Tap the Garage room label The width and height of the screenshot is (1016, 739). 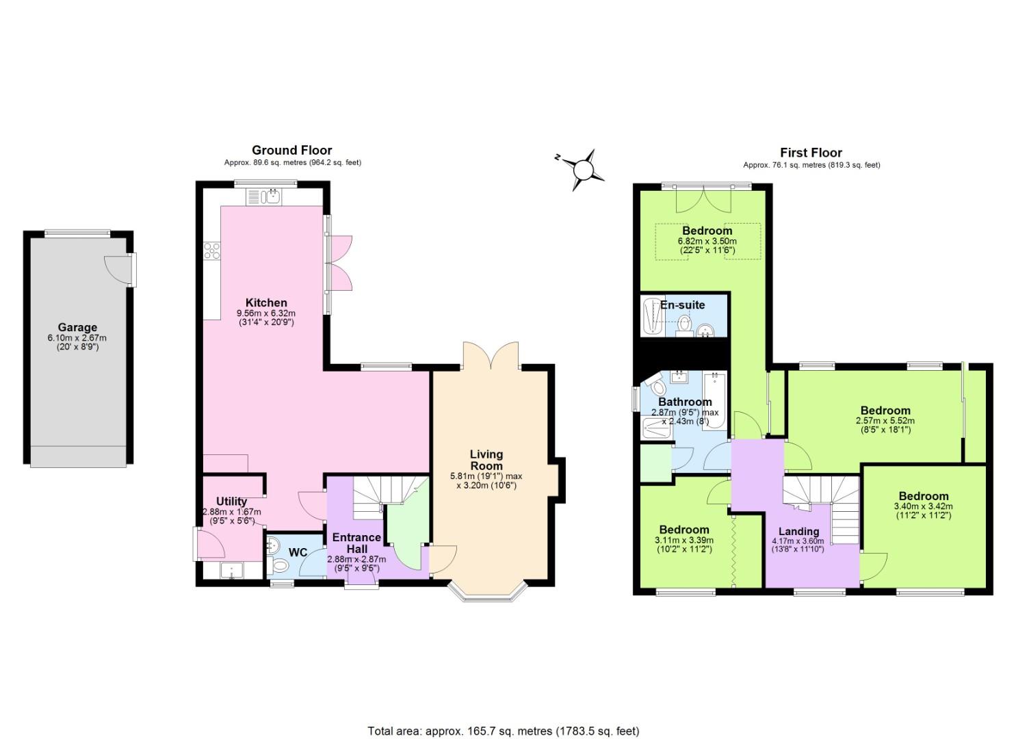(x=77, y=327)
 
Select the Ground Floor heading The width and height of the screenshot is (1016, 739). (x=292, y=151)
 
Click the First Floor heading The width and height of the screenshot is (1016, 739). (x=811, y=153)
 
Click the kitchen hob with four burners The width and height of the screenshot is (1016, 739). (x=211, y=251)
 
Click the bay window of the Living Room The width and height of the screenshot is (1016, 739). (x=487, y=593)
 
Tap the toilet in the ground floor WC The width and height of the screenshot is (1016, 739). (x=281, y=565)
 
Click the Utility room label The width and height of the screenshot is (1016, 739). (x=231, y=502)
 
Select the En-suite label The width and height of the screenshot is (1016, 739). (x=682, y=304)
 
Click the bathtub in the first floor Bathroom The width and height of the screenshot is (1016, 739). (x=716, y=402)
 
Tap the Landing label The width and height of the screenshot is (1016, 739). (x=798, y=531)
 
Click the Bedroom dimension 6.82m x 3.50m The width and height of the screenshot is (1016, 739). (x=707, y=241)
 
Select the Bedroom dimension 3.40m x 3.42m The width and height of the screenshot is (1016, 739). (x=923, y=506)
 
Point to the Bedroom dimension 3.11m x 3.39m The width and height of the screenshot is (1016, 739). (x=684, y=540)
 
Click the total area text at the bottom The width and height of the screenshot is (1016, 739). (x=503, y=731)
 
